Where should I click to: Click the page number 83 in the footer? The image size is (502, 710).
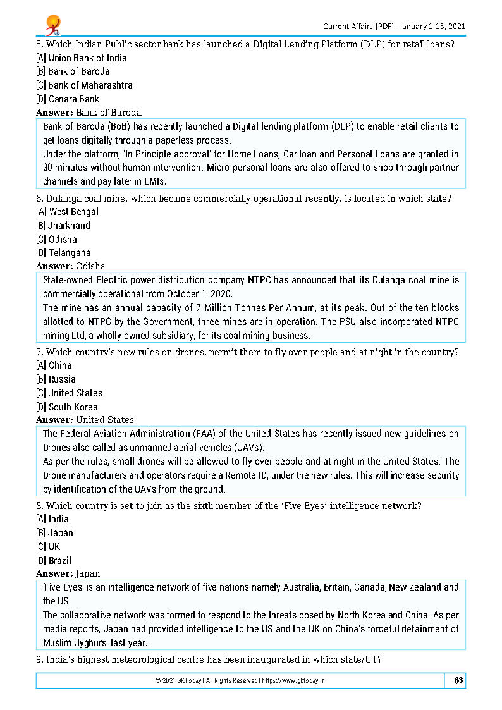point(459,680)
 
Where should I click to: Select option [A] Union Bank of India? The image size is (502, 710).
point(82,58)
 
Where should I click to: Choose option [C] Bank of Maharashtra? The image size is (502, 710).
point(84,85)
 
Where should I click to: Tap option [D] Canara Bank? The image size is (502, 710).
point(68,99)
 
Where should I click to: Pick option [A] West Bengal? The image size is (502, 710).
point(68,212)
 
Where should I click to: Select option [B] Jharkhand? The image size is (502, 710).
point(63,226)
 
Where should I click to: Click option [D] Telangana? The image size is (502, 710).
point(63,254)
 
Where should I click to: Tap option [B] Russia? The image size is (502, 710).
point(56,379)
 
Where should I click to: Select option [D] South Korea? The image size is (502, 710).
point(67,407)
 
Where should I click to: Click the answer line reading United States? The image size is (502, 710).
point(85,420)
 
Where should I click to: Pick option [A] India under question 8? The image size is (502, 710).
point(52,519)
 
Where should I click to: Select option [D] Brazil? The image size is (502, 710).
point(54,561)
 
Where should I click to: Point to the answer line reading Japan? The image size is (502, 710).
point(68,573)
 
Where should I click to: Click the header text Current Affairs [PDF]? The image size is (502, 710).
point(358,27)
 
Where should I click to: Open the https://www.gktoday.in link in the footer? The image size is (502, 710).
point(295,681)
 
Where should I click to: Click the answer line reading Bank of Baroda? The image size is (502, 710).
point(89,113)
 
